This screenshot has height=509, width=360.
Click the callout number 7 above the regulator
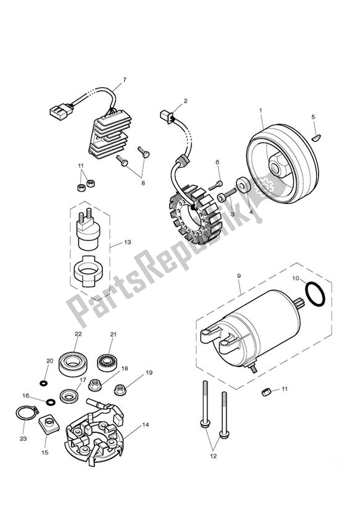pos(124,80)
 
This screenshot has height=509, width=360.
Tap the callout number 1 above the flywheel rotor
pos(261,111)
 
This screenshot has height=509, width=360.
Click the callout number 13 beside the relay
pos(128,243)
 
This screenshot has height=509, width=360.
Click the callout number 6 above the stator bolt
pos(217,162)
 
